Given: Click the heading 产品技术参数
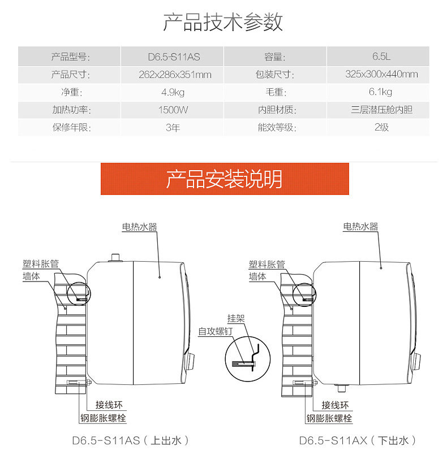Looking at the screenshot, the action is point(223,22).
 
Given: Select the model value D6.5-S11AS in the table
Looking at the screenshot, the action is point(174,57).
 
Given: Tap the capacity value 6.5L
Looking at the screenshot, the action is point(382,57).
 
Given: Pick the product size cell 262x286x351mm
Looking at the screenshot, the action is point(174,74).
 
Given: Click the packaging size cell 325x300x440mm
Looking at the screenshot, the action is point(382,74).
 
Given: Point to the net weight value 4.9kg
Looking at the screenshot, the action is point(174,92).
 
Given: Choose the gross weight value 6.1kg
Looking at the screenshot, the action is point(382,92).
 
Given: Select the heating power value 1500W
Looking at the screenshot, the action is point(174,110).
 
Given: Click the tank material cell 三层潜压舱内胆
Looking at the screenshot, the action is point(382,110).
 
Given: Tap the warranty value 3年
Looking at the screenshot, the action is point(174,127).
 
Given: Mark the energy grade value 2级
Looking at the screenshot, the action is point(382,127).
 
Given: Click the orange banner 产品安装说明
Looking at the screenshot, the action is point(224,179).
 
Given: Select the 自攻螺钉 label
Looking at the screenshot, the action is point(213,332).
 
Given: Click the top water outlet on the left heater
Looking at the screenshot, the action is point(116,258).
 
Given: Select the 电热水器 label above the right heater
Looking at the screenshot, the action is point(360,227).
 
